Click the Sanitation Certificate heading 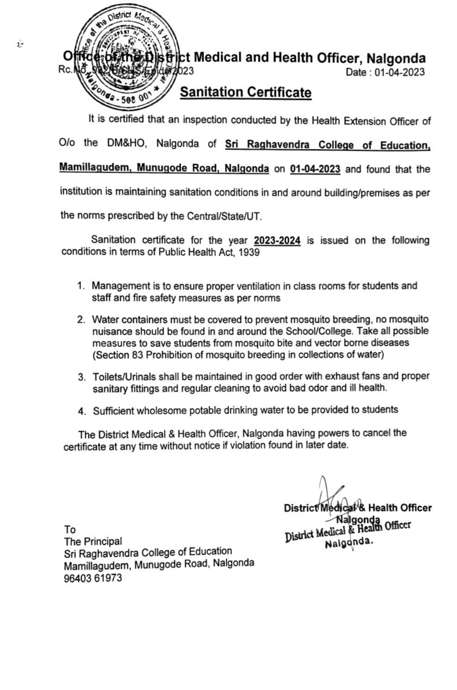point(246,92)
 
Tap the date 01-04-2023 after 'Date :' point(400,72)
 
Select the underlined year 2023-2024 point(277,241)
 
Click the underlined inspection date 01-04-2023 point(315,169)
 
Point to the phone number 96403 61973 point(93,578)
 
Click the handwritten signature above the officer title point(333,495)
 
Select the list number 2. point(81,320)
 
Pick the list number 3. point(81,377)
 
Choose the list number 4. point(82,411)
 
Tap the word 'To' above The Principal point(70,529)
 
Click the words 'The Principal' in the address point(93,541)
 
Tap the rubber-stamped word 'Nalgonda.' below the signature point(349,543)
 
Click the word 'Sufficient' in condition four point(113,411)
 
